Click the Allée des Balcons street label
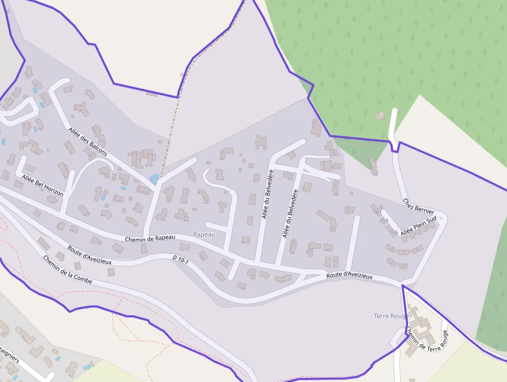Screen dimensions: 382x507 [x=87, y=141]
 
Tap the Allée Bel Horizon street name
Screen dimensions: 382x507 [x=42, y=186]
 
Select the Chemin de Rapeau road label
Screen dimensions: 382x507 [x=150, y=238]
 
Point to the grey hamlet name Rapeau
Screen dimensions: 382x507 [x=203, y=234]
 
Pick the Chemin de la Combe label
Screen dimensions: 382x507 [x=67, y=270]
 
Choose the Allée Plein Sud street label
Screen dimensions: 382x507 [x=419, y=226]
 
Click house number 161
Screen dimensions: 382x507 [x=377, y=212]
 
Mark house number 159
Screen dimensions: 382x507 [x=383, y=221]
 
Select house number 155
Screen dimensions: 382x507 [x=394, y=233]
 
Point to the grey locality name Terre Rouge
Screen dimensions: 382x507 [x=391, y=316]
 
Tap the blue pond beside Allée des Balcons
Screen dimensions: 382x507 [x=154, y=179]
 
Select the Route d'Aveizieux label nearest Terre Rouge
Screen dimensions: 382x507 [x=349, y=276]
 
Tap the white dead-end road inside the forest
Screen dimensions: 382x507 [x=393, y=124]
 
